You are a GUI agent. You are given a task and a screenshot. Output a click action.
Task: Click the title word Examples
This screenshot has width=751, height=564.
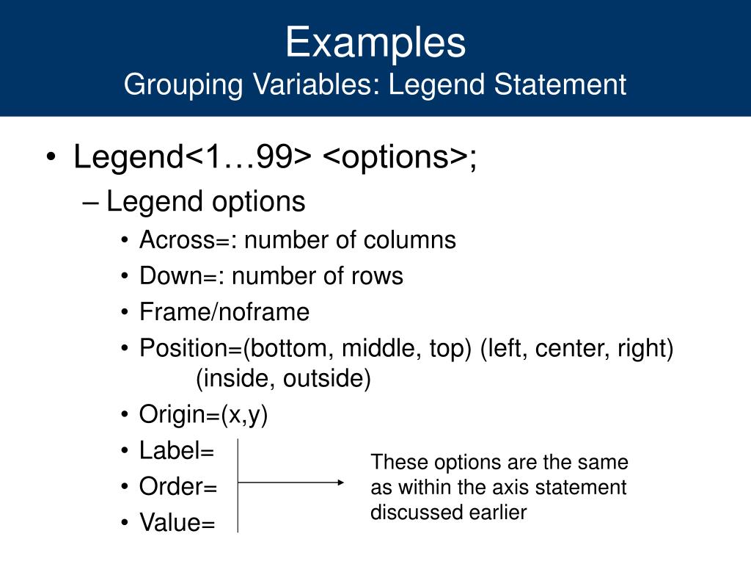coord(375,43)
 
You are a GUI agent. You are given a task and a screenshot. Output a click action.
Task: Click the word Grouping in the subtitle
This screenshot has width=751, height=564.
coord(183,85)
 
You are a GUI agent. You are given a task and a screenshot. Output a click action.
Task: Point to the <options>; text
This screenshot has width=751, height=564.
coord(400,157)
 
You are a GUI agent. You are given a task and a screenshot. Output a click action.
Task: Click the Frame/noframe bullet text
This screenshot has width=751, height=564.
coord(224,311)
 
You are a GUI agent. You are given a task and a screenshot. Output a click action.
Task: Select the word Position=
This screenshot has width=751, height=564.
coord(191,347)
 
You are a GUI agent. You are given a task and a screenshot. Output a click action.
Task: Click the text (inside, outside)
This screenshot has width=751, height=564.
coord(284,378)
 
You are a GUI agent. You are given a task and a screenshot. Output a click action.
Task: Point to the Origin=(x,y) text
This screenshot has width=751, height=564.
coord(203,414)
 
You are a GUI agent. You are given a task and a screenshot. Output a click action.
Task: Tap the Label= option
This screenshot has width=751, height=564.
coord(176,451)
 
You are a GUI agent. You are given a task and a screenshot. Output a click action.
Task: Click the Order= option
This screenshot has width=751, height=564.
coord(177,486)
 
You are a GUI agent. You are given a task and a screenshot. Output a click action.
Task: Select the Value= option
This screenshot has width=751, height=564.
coord(177,522)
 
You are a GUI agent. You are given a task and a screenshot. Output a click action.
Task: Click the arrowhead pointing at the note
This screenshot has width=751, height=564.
coord(340,482)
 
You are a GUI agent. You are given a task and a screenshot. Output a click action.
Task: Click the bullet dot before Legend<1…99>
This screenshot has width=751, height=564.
coord(51,157)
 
